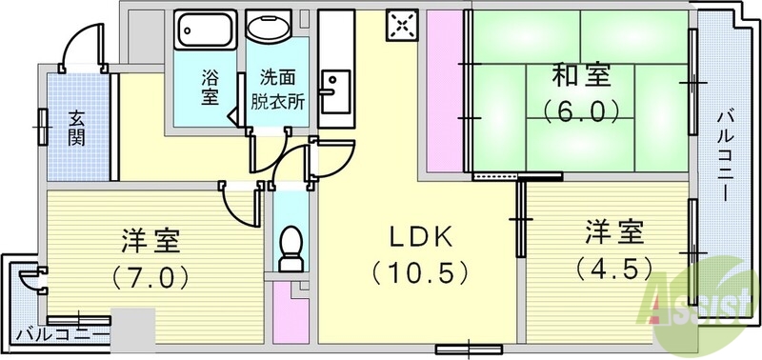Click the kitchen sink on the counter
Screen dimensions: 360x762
(x=334, y=95)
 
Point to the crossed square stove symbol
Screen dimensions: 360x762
(x=401, y=26)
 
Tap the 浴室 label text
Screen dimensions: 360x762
(x=210, y=87)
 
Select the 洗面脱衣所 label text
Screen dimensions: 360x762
(x=277, y=87)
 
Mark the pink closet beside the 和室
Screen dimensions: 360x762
(x=443, y=90)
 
